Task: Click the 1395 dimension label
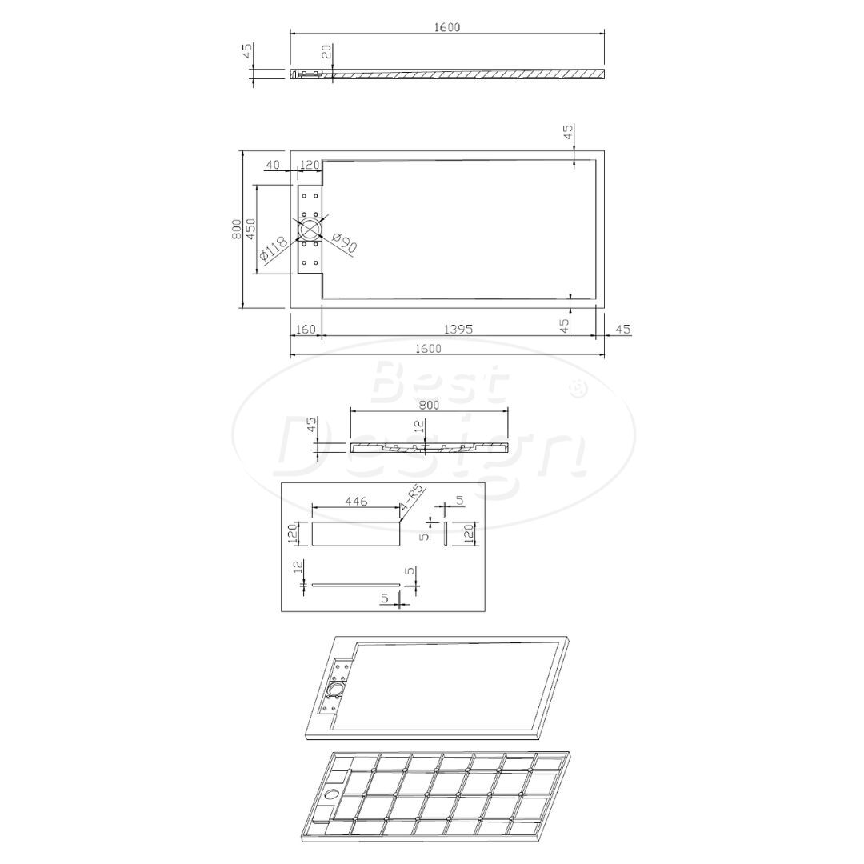[458, 329]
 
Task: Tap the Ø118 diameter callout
[273, 249]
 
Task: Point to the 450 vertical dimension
[250, 229]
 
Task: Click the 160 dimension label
[305, 330]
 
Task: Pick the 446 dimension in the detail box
[356, 501]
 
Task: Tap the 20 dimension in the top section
[326, 52]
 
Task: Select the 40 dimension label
[273, 164]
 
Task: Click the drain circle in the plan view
[310, 230]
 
